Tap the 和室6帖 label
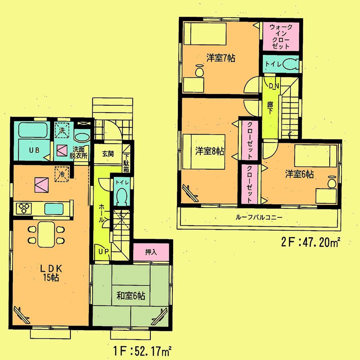[131, 296]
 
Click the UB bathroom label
[34, 151]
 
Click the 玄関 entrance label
[107, 153]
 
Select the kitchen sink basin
[53, 209]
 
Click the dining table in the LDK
[46, 234]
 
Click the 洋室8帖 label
[209, 151]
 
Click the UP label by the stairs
[103, 251]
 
